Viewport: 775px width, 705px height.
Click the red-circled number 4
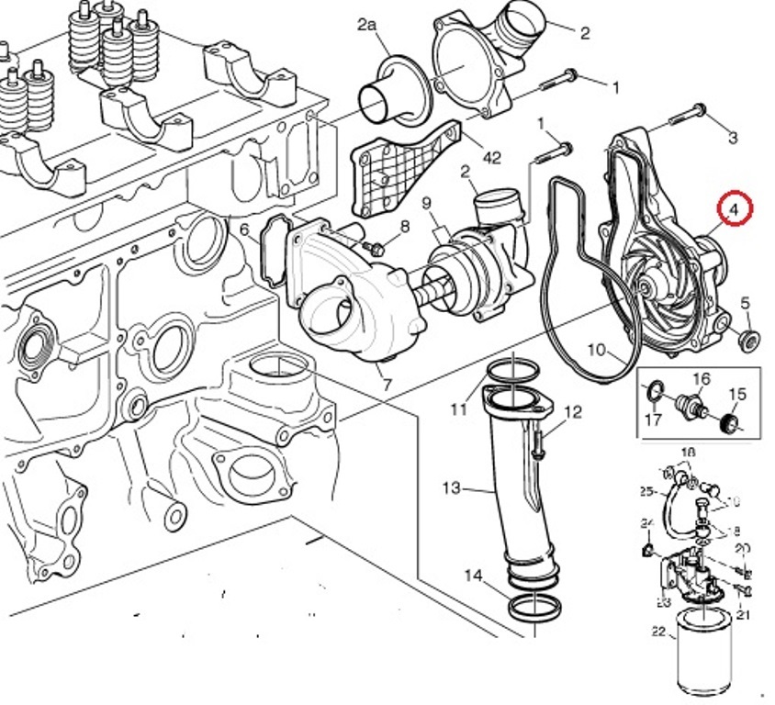pyautogui.click(x=735, y=209)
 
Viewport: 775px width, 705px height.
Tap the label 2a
pyautogui.click(x=367, y=26)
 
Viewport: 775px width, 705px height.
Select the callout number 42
pyautogui.click(x=491, y=157)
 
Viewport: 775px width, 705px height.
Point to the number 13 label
pyautogui.click(x=451, y=487)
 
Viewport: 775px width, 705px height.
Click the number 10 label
pyautogui.click(x=597, y=349)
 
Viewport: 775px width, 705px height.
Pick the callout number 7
pyautogui.click(x=387, y=385)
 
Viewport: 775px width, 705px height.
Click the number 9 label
pyautogui.click(x=427, y=202)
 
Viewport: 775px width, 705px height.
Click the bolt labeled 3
pyautogui.click(x=688, y=115)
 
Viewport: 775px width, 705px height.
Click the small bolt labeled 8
pyautogui.click(x=376, y=247)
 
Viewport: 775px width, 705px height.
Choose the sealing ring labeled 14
pyautogui.click(x=532, y=608)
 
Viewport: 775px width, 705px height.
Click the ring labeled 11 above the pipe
pyautogui.click(x=511, y=371)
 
